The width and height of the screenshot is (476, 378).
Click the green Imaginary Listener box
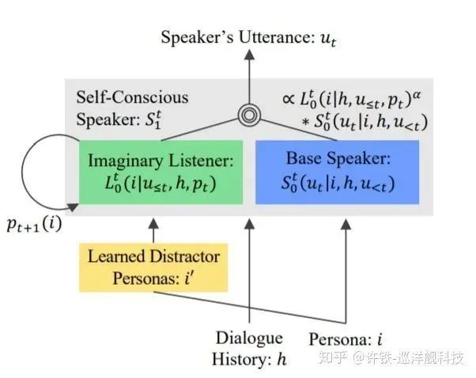pyautogui.click(x=161, y=172)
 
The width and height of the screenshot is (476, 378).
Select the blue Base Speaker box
pyautogui.click(x=338, y=172)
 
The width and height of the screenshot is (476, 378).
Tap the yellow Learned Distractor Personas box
pyautogui.click(x=153, y=267)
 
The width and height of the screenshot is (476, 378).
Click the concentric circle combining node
pyautogui.click(x=249, y=115)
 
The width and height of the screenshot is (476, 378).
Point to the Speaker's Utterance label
pyautogui.click(x=248, y=38)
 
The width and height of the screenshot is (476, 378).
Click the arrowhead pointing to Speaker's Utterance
pyautogui.click(x=249, y=55)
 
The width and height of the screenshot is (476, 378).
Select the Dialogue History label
pyautogui.click(x=249, y=349)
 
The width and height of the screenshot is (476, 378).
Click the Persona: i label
pyautogui.click(x=346, y=339)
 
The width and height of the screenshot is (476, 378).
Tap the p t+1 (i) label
pyautogui.click(x=34, y=225)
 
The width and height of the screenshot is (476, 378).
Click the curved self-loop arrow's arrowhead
pyautogui.click(x=73, y=207)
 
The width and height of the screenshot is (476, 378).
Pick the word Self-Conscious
pyautogui.click(x=132, y=97)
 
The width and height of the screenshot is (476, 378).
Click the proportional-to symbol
pyautogui.click(x=289, y=99)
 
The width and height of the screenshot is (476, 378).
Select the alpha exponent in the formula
pyautogui.click(x=417, y=94)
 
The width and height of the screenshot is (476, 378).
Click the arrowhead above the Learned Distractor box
pyautogui.click(x=153, y=224)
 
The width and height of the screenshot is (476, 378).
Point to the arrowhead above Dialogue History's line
pyautogui.click(x=249, y=224)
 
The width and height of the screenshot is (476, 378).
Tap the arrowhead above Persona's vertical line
pyautogui.click(x=346, y=224)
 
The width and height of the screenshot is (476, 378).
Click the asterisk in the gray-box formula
pyautogui.click(x=305, y=122)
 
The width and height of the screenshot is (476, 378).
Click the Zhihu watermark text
pyautogui.click(x=391, y=358)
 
